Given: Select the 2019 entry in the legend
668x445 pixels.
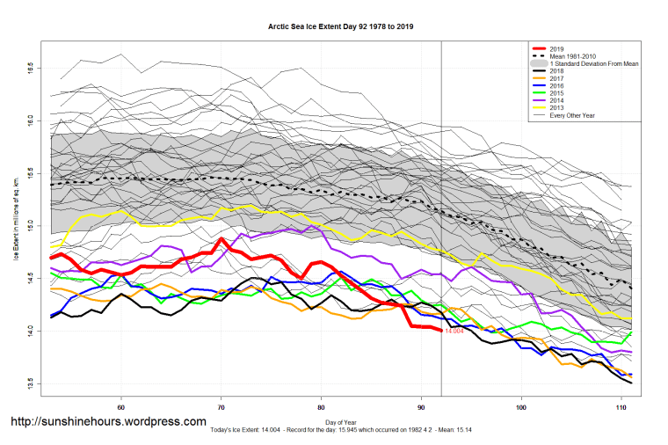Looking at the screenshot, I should click(555, 48).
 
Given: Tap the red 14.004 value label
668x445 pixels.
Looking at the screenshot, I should click(454, 332).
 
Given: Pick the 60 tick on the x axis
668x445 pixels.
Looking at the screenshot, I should click(120, 407).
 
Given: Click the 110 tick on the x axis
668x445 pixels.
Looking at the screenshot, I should click(622, 407).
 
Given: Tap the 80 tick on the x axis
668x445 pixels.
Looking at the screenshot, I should click(322, 407).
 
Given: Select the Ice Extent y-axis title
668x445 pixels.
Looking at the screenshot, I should click(16, 224).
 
